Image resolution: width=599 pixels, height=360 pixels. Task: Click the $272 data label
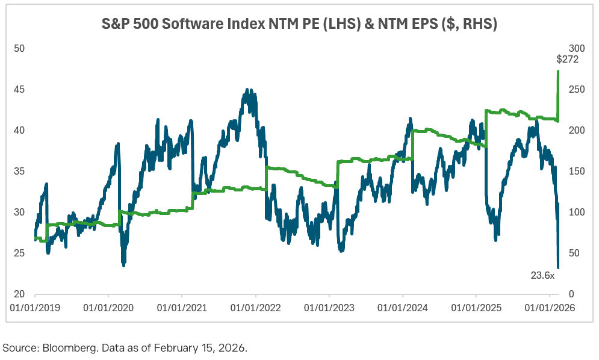[566, 60]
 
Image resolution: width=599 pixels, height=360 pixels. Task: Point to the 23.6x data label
[542, 275]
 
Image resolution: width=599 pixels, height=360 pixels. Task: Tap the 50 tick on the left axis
[18, 48]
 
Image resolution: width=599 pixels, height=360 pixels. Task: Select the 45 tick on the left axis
[18, 89]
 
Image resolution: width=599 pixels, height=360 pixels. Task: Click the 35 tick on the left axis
[18, 171]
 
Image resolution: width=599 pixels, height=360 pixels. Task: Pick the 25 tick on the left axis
[18, 253]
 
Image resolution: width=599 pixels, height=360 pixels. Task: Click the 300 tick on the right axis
[576, 48]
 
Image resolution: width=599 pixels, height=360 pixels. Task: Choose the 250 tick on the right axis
[576, 89]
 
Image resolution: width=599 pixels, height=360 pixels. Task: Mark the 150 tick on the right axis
[576, 171]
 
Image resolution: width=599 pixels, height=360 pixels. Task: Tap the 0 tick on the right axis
[572, 294]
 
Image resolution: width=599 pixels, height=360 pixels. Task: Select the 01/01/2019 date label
[35, 308]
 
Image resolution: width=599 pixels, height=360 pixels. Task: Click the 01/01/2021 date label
[182, 308]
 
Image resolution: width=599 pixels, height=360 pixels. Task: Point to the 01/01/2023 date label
[329, 308]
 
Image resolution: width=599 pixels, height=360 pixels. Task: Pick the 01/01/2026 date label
[549, 308]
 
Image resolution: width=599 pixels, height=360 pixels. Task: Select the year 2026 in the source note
[234, 347]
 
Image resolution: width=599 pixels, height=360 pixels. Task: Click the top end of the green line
[558, 71]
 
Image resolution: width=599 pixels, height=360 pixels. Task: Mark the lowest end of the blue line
[558, 267]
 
